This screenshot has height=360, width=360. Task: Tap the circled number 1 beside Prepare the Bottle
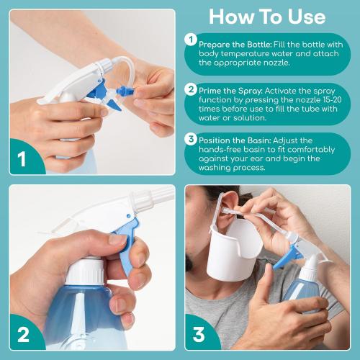[191, 40]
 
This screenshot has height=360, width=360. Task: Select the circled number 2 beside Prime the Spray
[191, 89]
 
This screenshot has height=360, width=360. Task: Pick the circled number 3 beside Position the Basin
[191, 139]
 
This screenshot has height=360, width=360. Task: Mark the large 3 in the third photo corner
[199, 336]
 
